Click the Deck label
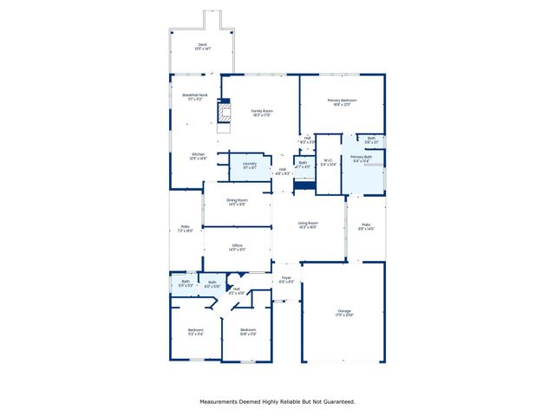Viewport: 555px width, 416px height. coord(202,45)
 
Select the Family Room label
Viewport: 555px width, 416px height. coord(262,112)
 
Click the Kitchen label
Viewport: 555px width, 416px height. coord(199,154)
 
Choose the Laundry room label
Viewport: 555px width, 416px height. coord(249,163)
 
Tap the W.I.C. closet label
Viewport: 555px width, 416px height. coord(328,159)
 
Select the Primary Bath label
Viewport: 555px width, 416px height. coord(360,157)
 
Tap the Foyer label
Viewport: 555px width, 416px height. coord(285,278)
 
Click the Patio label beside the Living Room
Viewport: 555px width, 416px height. coord(366,224)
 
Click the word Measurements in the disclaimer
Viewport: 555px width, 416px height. coord(221,401)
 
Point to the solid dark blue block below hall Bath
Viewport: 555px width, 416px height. coord(304,184)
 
